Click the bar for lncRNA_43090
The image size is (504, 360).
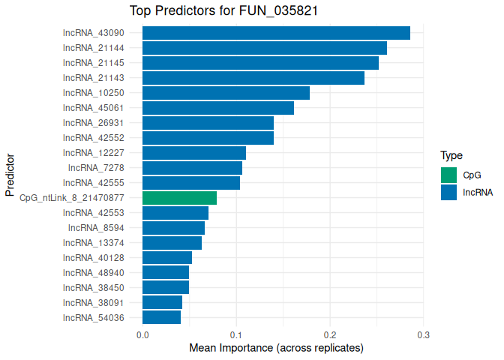click(x=276, y=33)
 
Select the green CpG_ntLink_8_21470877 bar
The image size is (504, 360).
click(x=179, y=198)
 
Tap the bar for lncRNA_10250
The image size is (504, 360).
click(x=226, y=93)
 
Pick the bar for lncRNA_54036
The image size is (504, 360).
click(x=161, y=318)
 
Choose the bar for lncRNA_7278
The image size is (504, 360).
click(x=192, y=168)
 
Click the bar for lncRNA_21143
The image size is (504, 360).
click(x=253, y=78)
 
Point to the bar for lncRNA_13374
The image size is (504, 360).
click(x=172, y=243)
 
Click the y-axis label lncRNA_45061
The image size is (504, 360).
click(x=93, y=108)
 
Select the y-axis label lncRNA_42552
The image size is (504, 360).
click(x=93, y=138)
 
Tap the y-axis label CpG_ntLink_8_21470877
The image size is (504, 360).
click(x=71, y=198)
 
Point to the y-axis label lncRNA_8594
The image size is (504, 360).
click(x=96, y=228)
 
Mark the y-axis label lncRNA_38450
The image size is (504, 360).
click(x=93, y=288)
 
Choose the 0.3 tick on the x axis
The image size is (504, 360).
click(x=424, y=334)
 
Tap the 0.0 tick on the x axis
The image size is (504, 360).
click(x=142, y=334)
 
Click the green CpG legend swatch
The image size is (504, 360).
click(x=448, y=175)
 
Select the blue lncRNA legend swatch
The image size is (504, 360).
click(x=448, y=192)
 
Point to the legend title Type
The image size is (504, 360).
click(x=451, y=156)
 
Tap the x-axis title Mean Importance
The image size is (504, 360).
click(x=276, y=348)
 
